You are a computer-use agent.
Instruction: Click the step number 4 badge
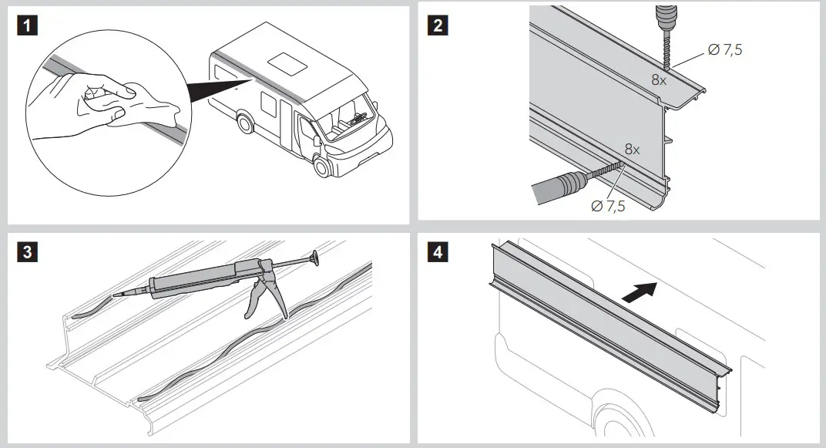(438, 252)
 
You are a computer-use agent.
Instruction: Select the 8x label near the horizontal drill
(633, 150)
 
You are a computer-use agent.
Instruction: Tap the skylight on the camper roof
(286, 62)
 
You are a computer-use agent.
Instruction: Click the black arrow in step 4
(640, 292)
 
